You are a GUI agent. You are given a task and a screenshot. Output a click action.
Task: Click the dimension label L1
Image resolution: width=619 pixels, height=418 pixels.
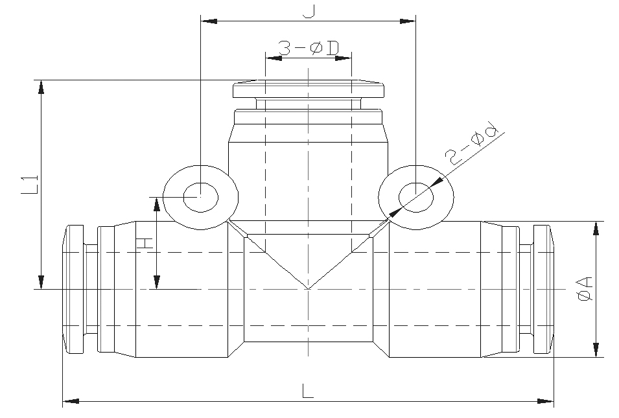(x=30, y=184)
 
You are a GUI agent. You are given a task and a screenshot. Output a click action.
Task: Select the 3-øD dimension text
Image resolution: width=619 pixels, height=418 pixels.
(x=309, y=49)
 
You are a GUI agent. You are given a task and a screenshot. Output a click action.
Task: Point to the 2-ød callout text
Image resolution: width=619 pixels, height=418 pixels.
(x=471, y=145)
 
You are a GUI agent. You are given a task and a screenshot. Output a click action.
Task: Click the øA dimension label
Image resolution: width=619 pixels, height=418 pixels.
(x=585, y=289)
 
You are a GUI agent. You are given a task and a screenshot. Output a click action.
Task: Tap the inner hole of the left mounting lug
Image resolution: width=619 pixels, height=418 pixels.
(x=200, y=198)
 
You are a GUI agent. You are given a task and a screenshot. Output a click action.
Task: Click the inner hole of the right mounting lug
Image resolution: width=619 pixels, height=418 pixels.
(x=416, y=198)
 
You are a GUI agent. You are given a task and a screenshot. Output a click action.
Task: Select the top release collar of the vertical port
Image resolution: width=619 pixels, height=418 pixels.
(x=309, y=89)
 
